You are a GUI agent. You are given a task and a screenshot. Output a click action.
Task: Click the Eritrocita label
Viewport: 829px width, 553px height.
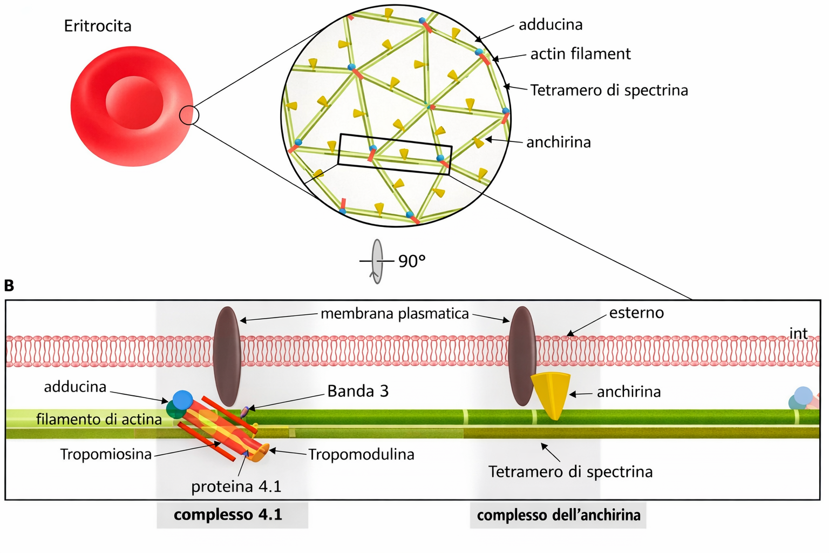pos(98,26)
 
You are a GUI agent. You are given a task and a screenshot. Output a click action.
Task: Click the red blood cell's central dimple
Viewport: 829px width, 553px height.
pos(134,103)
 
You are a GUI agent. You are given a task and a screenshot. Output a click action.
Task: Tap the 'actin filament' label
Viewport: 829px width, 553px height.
pos(580,54)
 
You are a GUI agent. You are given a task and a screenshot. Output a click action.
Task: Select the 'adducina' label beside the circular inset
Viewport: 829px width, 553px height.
pos(551,25)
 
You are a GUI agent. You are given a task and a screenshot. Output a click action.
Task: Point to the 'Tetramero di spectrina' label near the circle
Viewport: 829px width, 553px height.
pos(609,90)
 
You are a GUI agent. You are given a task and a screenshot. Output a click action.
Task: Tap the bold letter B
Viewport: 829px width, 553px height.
pos(9,285)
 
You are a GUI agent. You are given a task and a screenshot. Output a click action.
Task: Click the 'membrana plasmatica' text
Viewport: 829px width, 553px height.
pos(395,314)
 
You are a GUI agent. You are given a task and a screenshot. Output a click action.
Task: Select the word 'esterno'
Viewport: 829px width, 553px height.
pos(636,313)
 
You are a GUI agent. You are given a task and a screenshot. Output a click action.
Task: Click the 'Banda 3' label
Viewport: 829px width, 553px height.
pos(358,391)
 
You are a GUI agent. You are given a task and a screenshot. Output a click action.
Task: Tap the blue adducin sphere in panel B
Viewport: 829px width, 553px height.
pos(182,400)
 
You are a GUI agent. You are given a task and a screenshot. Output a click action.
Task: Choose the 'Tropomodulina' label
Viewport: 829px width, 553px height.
pos(361,455)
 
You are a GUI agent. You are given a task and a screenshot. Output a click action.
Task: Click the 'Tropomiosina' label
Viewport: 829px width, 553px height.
pos(106,455)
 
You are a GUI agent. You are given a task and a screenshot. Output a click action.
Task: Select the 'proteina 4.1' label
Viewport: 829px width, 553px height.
pos(236,487)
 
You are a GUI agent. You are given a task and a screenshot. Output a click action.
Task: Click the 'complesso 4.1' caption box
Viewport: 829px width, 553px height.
pos(232,515)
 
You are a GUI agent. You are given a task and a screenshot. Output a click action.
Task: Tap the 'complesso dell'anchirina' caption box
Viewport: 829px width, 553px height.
pos(558,515)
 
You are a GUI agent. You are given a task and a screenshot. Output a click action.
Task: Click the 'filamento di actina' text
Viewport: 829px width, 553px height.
pos(99,419)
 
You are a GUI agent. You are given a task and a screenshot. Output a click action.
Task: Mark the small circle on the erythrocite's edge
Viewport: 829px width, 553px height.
pos(189,115)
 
